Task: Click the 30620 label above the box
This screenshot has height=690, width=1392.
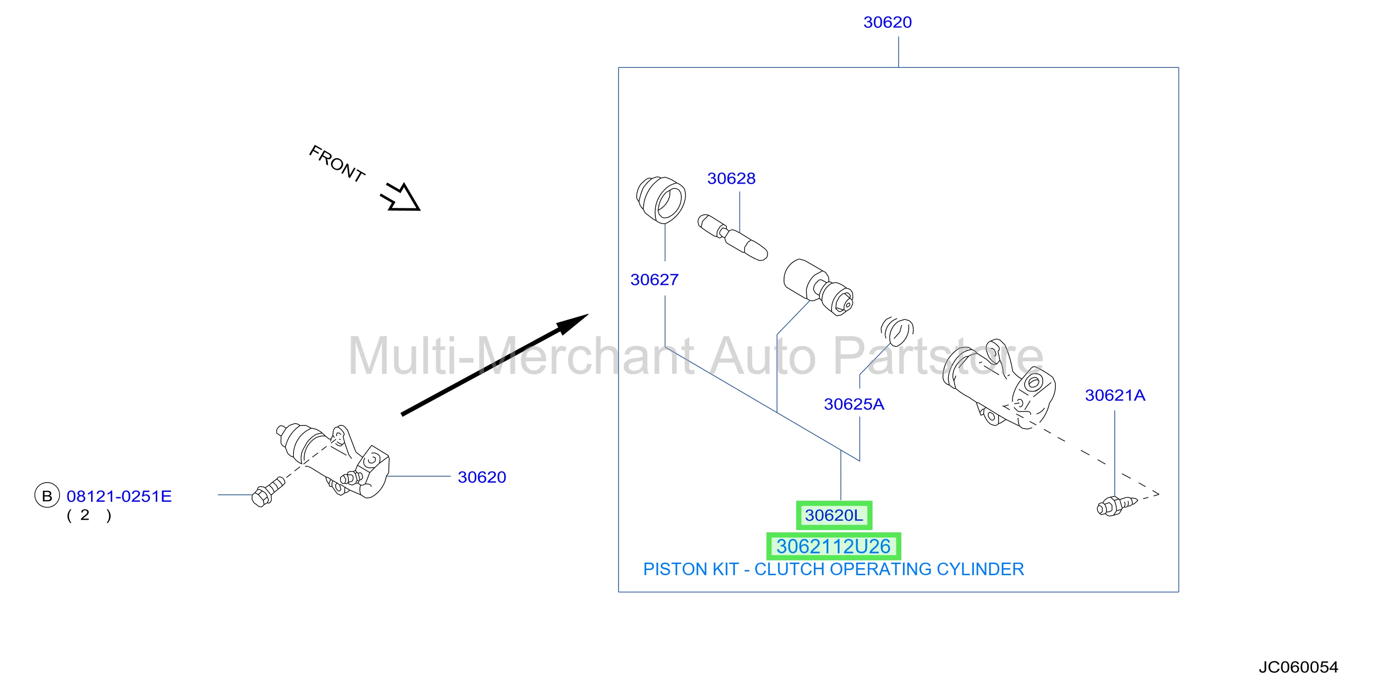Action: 887,22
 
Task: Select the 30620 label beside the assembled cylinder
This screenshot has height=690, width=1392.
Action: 481,477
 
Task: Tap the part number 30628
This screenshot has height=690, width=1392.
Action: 731,178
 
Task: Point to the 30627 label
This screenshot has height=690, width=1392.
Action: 654,279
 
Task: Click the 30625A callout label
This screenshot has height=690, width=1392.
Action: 854,404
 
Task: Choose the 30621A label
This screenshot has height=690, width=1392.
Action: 1115,396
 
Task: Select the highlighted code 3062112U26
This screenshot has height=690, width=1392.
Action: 833,546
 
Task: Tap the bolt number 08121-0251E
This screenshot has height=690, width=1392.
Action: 119,496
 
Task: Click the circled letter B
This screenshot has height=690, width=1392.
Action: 47,496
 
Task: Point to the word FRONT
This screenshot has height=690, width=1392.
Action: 337,163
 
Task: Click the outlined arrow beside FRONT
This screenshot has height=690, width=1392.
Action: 401,197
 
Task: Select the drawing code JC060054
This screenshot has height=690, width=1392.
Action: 1298,667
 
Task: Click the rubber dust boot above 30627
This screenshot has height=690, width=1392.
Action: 660,199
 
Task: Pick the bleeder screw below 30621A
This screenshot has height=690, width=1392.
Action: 1117,505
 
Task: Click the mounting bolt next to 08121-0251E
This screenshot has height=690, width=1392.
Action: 268,491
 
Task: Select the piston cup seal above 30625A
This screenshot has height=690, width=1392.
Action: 897,331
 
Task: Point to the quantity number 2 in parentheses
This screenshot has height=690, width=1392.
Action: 84,515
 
